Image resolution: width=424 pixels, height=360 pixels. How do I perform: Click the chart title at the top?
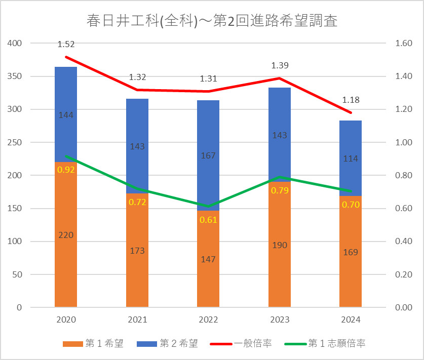[212, 21]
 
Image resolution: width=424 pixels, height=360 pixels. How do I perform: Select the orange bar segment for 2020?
[66, 234]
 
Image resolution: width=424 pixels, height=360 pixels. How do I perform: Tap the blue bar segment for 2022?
[208, 155]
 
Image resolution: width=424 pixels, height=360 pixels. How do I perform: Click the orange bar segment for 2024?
[351, 251]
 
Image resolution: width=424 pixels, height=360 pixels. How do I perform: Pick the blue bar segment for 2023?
[280, 135]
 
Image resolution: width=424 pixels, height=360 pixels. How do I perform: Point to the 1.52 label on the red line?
[66, 44]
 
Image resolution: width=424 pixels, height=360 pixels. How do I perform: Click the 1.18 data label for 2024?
[351, 100]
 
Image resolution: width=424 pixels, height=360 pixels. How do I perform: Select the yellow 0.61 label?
[208, 220]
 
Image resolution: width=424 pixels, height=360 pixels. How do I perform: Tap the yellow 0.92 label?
[66, 170]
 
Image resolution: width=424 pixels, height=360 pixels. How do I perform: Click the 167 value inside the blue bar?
[208, 155]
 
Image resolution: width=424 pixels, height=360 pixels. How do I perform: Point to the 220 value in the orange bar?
[66, 235]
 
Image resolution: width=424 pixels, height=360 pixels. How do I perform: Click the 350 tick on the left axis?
[15, 76]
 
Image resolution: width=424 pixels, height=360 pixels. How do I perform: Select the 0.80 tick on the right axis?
[404, 175]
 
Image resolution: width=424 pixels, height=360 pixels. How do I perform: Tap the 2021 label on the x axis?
[137, 319]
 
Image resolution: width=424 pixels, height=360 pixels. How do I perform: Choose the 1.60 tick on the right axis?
[404, 43]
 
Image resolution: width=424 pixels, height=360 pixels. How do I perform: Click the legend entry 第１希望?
[93, 343]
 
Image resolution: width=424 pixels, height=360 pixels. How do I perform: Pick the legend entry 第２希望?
[167, 343]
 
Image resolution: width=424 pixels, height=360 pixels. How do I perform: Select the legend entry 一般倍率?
[241, 343]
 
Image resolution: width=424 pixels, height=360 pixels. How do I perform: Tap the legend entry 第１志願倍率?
[325, 343]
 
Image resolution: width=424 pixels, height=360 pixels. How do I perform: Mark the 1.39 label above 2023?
[280, 65]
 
